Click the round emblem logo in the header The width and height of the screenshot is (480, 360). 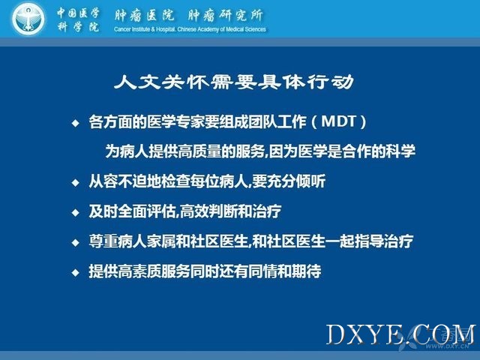coord(28,19)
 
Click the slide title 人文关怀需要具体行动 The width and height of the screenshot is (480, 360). coord(234,82)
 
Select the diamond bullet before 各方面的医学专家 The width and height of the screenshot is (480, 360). coord(75,123)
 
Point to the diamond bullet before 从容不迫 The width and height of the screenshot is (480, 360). coord(75,183)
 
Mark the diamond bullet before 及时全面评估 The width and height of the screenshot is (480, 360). coord(75,212)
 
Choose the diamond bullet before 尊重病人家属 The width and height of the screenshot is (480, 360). coord(75,242)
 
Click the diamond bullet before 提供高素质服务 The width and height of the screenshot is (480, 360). coord(75,272)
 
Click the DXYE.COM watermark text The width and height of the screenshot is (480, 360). coord(400,334)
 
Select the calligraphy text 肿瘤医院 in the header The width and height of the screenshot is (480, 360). coord(145,15)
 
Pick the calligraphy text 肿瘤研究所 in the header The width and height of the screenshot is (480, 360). coord(226,15)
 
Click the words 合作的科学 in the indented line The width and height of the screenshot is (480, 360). coord(379,151)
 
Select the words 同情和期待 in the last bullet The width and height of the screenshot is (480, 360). coord(285,271)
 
